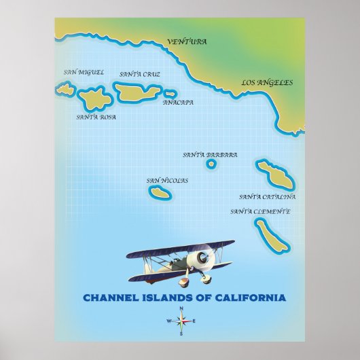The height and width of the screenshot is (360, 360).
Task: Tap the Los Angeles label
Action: click(267, 83)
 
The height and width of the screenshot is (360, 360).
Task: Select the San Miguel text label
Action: click(83, 72)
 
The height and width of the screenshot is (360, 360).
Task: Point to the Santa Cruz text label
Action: click(139, 74)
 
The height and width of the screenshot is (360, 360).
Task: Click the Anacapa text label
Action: click(178, 103)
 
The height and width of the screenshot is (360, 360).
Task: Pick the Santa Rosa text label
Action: click(96, 117)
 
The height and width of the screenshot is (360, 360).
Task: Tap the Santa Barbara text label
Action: click(210, 155)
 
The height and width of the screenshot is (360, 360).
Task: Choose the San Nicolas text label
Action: click(167, 181)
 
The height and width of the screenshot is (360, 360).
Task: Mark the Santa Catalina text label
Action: click(267, 197)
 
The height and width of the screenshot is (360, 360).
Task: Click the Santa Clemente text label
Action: click(260, 211)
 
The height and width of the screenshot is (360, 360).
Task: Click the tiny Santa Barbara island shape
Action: click(211, 164)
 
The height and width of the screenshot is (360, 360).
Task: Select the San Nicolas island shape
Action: click(161, 192)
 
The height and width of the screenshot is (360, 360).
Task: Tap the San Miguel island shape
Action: click(65, 88)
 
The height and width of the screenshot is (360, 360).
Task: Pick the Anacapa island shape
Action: click(170, 94)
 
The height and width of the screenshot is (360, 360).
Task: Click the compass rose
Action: click(181, 321)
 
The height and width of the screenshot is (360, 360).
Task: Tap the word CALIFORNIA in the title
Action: click(246, 297)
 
